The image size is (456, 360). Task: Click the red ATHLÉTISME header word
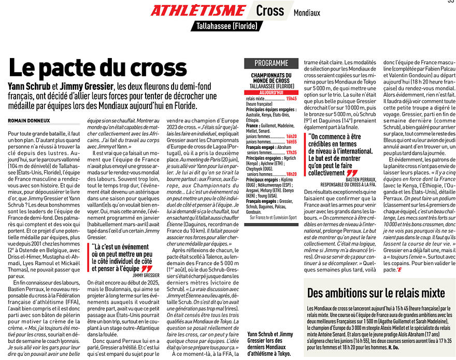198,10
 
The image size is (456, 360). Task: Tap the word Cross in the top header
270,10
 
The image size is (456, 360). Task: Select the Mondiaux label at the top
307,12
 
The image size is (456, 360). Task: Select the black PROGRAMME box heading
271,63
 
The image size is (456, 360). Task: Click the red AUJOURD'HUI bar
271,92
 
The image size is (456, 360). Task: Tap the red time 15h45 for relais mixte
291,98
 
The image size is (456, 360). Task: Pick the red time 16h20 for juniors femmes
291,135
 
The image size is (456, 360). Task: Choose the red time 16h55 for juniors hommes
291,141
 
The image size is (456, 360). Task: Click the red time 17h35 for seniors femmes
291,153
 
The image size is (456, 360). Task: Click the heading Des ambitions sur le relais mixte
376,293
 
